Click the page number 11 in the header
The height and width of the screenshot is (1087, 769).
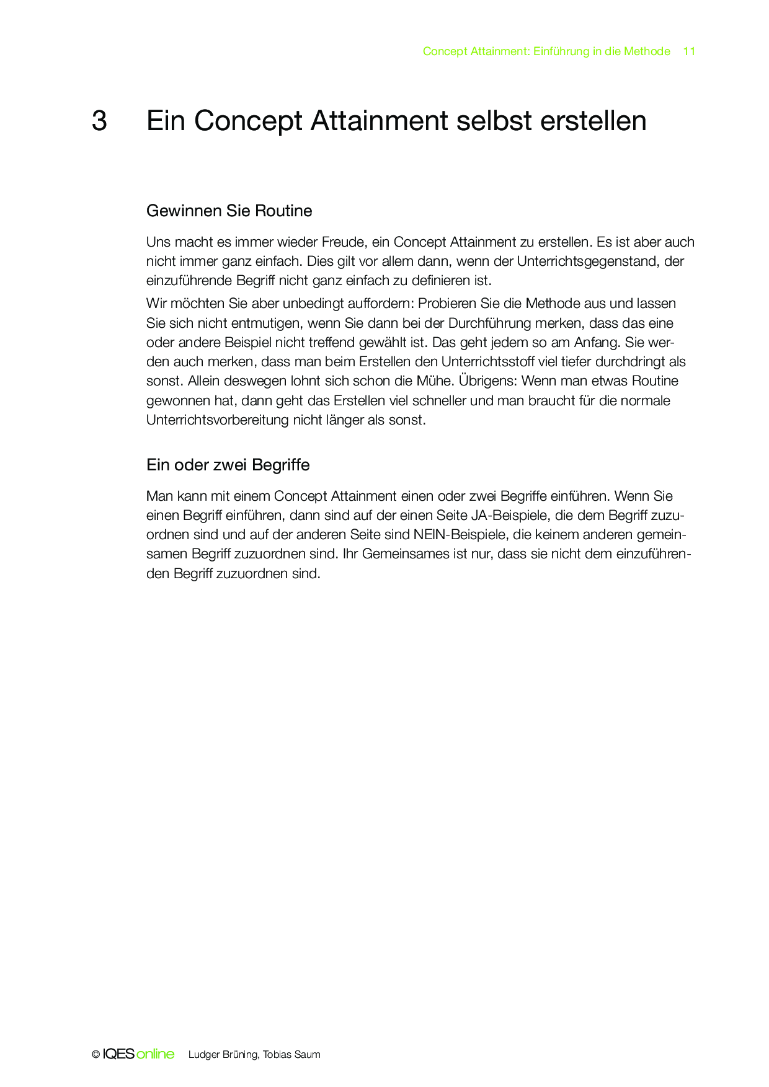[x=689, y=51]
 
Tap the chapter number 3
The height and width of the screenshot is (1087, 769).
[x=99, y=121]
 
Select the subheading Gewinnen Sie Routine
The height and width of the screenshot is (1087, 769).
[x=229, y=211]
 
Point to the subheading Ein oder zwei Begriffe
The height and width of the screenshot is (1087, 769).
[x=228, y=465]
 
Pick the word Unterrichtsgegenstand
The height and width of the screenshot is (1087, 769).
[x=587, y=261]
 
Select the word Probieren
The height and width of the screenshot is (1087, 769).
[x=447, y=304]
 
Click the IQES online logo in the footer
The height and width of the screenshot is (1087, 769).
[x=138, y=1054]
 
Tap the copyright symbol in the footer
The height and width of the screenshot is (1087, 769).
[x=96, y=1055]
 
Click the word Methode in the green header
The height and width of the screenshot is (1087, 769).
[x=647, y=51]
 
